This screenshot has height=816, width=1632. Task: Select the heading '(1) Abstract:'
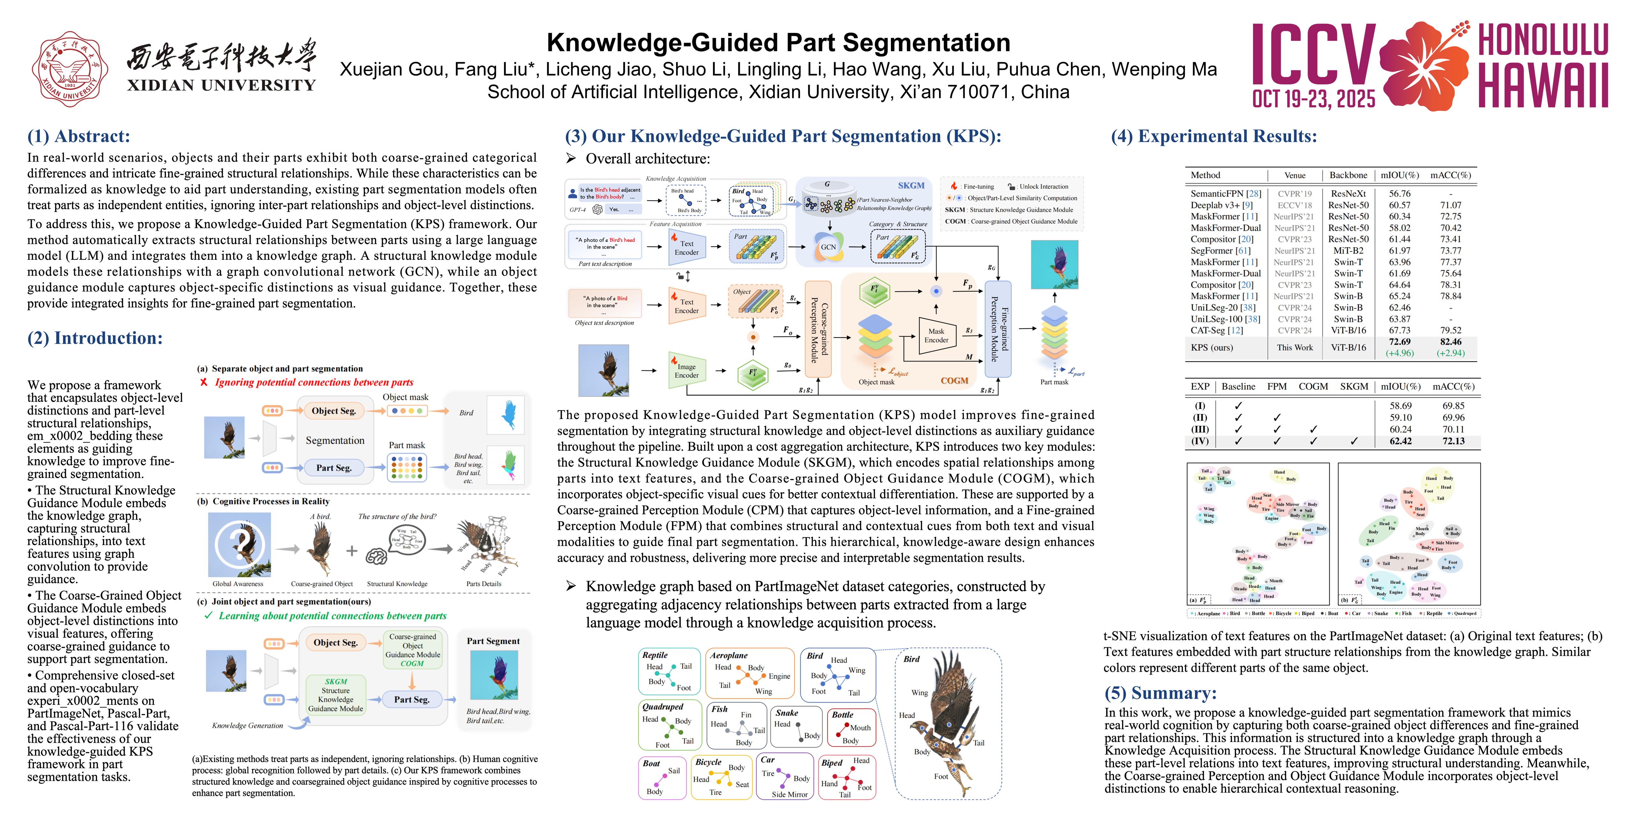(x=78, y=136)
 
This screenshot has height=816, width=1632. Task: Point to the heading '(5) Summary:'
(x=1161, y=693)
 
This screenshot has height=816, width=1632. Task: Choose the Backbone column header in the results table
(x=1348, y=176)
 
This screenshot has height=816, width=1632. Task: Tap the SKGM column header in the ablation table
(x=1354, y=386)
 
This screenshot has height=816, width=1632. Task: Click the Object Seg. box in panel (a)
(x=334, y=411)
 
